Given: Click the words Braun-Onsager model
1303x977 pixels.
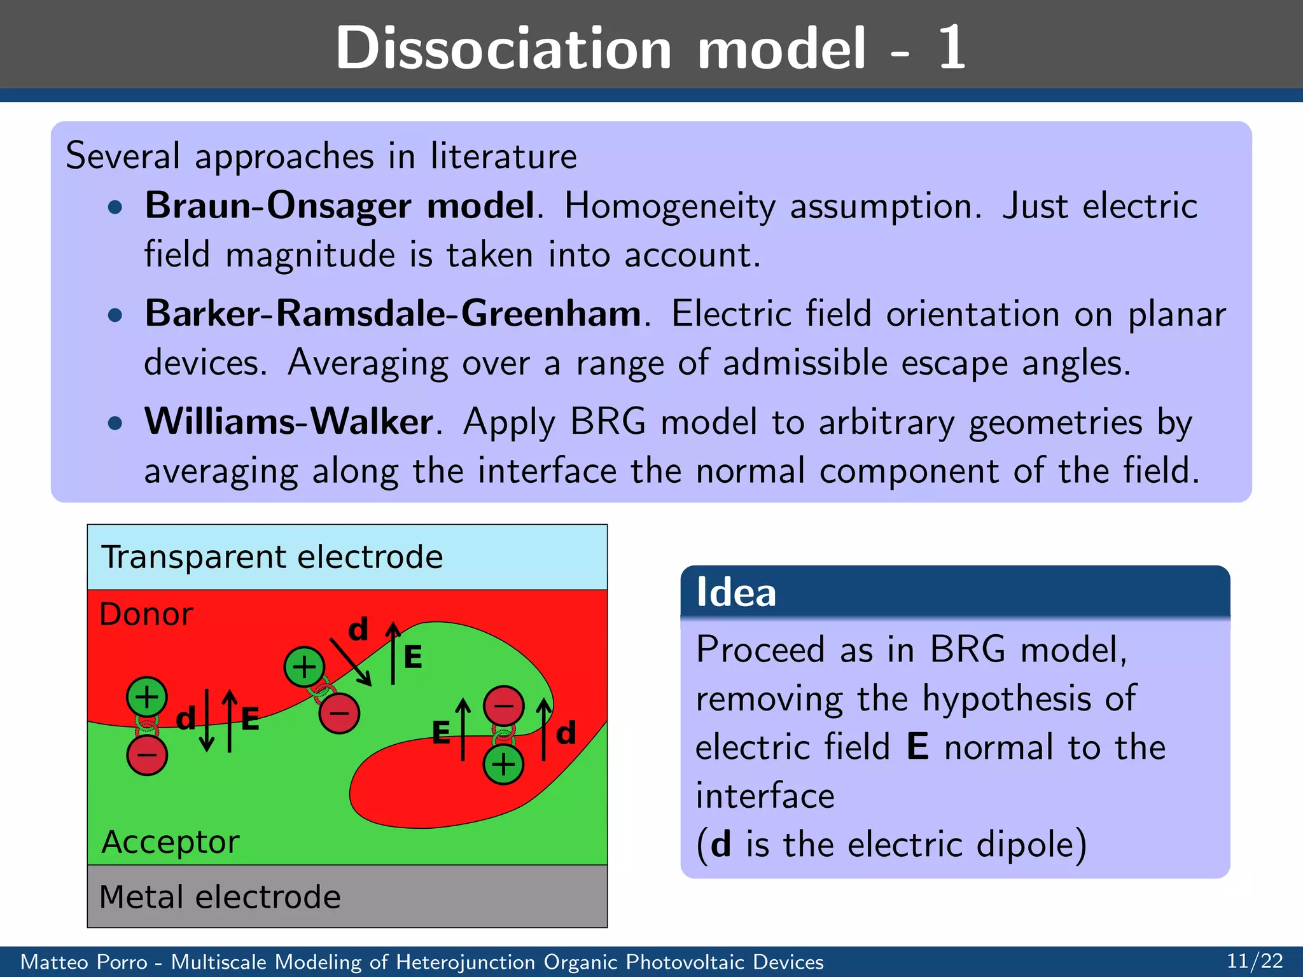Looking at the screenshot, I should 340,206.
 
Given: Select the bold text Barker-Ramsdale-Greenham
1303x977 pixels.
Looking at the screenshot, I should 393,314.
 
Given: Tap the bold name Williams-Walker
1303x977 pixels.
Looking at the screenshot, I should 289,422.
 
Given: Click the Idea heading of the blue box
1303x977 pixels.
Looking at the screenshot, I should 736,592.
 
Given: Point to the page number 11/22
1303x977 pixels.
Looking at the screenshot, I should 1255,960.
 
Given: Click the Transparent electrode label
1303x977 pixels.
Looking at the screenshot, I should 272,557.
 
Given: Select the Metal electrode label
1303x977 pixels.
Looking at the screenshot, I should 220,897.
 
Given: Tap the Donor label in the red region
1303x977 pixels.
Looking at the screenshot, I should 146,614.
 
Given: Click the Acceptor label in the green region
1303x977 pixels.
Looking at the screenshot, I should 171,842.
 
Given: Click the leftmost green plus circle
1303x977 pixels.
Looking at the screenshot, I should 147,696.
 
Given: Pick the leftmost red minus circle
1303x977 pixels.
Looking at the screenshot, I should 147,755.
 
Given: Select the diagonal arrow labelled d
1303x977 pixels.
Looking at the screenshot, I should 351,662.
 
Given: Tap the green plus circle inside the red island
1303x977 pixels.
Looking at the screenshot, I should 503,764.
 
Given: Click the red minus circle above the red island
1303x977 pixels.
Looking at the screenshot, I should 503,705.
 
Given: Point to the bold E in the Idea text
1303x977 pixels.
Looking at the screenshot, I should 917,747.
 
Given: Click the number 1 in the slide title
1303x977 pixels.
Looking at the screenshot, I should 951,48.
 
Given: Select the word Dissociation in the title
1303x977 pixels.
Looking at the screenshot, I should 503,48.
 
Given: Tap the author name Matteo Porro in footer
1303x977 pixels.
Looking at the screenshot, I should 83,962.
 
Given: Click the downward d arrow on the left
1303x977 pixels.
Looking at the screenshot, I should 206,720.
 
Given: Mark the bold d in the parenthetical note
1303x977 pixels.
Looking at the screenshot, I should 720,845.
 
